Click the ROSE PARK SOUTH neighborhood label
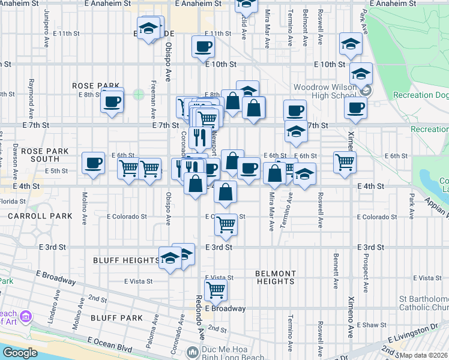(x=40, y=155)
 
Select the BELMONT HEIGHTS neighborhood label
(x=275, y=277)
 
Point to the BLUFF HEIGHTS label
(x=126, y=260)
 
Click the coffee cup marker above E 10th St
(x=203, y=47)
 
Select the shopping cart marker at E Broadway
(x=215, y=290)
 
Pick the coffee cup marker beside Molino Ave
(x=93, y=163)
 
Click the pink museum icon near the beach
(x=26, y=316)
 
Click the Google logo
(x=20, y=353)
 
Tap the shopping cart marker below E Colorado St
(x=226, y=226)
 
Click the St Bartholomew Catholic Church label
(x=424, y=304)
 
